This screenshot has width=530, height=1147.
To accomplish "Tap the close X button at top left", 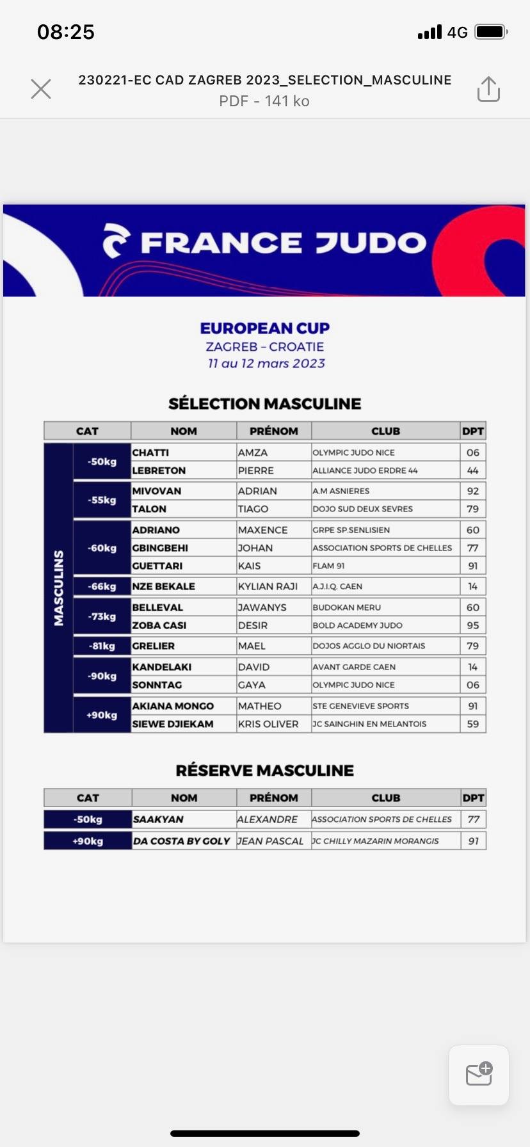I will [x=41, y=89].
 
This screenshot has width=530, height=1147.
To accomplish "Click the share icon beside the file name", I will [x=488, y=89].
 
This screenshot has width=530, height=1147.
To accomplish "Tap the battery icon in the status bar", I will [x=491, y=32].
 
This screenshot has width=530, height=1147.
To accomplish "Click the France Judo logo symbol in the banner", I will [x=116, y=241].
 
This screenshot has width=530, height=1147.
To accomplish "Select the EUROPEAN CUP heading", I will [x=265, y=328].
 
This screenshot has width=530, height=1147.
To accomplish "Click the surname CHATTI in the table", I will [x=150, y=453].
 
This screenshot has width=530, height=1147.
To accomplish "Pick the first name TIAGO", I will [x=253, y=509].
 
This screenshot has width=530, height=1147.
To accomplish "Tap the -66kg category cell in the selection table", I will [x=102, y=586].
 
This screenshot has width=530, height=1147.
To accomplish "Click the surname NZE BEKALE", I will [x=163, y=586].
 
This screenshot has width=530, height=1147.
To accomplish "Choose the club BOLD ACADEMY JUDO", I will [x=357, y=625].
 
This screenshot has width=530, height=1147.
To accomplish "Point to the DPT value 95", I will [x=473, y=625].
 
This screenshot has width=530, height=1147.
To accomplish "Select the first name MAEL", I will [x=252, y=646].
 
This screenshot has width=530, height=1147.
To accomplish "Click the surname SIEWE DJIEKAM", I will [x=173, y=724].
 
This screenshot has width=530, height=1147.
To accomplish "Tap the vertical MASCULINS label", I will [x=59, y=588].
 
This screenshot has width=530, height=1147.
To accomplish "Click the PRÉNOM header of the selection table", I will [x=274, y=431].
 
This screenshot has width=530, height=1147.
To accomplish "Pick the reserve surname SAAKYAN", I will [x=158, y=819].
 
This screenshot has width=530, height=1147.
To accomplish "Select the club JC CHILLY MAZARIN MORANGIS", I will [x=375, y=841].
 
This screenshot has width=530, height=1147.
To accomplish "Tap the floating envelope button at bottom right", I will [x=479, y=1075].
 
